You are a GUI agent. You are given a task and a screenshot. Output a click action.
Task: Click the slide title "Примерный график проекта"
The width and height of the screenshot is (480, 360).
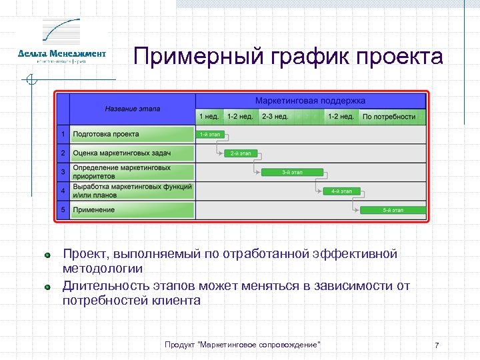tap(287, 57)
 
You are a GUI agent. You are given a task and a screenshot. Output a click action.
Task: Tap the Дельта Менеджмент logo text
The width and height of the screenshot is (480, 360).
tap(62, 53)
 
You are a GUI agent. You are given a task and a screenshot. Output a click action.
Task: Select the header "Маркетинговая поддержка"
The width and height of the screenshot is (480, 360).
tap(310, 101)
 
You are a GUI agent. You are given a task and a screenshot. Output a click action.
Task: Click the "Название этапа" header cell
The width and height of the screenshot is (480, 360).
tap(132, 109)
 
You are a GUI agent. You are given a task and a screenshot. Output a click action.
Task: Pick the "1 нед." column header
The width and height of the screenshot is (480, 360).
tap(209, 117)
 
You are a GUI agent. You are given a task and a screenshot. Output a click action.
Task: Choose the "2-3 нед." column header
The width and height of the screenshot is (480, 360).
tap(275, 117)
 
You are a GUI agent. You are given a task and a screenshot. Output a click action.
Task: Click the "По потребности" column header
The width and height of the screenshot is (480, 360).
tap(389, 117)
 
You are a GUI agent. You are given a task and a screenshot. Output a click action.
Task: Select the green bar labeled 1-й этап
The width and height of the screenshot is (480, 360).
tap(211, 135)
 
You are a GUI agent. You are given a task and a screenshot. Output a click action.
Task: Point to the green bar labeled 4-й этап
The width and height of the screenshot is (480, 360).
tap(341, 191)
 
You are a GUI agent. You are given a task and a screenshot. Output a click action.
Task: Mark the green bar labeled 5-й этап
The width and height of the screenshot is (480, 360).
tap(392, 210)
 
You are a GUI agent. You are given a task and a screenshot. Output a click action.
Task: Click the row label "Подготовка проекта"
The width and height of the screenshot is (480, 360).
tap(106, 135)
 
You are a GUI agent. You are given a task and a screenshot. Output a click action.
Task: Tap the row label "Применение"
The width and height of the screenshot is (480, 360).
tap(94, 210)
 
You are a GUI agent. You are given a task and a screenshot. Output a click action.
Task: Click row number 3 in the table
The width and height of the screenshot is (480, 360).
tap(63, 172)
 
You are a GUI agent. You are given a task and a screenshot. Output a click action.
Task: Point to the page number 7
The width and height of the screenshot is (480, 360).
tap(437, 345)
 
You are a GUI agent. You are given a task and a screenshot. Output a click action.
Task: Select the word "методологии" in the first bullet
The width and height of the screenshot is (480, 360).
tap(103, 269)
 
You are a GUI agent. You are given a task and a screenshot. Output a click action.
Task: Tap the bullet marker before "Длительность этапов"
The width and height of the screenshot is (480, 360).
tap(47, 287)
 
